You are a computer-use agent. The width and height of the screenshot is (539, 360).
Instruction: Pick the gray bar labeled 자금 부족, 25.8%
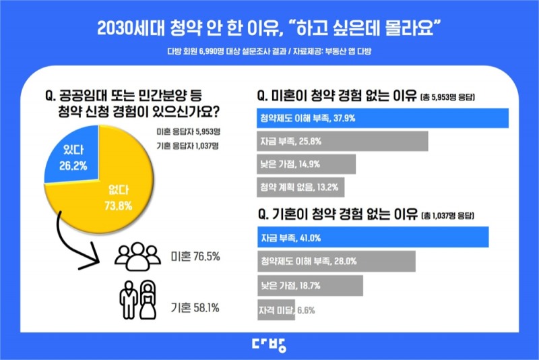coord(342,141)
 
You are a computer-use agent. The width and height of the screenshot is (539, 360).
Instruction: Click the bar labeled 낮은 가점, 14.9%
coord(307,164)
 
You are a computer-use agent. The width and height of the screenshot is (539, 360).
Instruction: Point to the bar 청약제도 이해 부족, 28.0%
coord(336,260)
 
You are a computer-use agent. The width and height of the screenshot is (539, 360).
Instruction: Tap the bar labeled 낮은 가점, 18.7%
coord(310,285)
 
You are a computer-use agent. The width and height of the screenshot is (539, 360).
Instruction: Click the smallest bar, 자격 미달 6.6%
coord(276,309)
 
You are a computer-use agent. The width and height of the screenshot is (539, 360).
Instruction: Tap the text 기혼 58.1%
coord(196,307)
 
